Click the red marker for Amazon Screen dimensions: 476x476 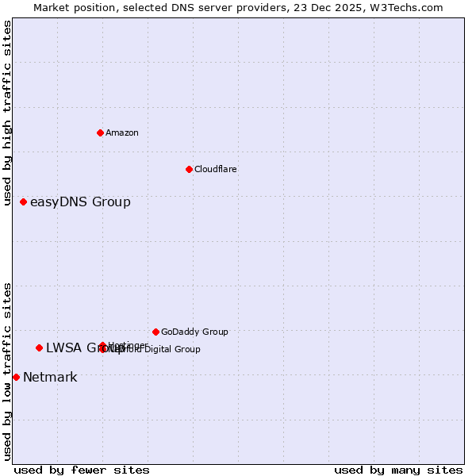click(x=100, y=132)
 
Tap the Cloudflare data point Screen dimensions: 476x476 click(x=189, y=169)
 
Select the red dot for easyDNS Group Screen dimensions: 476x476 click(x=24, y=202)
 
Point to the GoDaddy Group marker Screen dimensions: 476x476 click(x=155, y=332)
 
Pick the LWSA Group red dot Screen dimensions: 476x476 click(x=39, y=347)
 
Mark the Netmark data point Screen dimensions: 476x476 click(x=16, y=377)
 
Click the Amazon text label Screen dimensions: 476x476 click(x=122, y=132)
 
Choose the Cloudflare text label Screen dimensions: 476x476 click(x=216, y=169)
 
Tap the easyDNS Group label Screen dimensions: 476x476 click(x=80, y=202)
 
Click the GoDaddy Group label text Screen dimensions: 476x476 click(x=194, y=332)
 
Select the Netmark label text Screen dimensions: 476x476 click(x=50, y=377)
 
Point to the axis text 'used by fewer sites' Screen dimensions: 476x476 click(x=82, y=470)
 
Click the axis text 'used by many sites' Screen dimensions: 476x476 click(x=398, y=470)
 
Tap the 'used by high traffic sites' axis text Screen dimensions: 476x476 click(x=7, y=113)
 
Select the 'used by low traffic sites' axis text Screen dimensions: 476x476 click(x=7, y=371)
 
